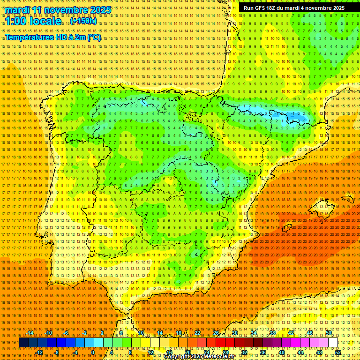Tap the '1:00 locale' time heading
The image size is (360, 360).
[34, 22]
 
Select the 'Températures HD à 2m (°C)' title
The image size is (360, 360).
[52, 37]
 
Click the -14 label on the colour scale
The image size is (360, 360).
[31, 333]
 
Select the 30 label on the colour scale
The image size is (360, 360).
[234, 333]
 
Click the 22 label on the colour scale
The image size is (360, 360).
[197, 333]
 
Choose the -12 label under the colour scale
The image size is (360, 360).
[40, 352]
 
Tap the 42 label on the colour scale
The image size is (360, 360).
[291, 333]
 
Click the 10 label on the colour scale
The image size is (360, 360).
[141, 333]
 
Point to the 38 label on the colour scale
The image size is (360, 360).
[272, 333]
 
